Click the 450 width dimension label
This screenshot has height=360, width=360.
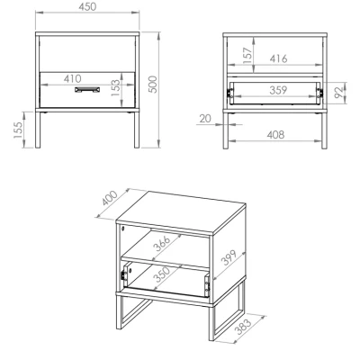click(x=87, y=6)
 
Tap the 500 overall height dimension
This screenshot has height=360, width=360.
click(x=153, y=85)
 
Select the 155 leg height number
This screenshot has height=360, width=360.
click(x=18, y=130)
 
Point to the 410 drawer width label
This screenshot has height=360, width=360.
click(x=72, y=78)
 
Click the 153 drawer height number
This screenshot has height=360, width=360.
click(x=115, y=88)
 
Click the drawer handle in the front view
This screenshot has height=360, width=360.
click(x=87, y=90)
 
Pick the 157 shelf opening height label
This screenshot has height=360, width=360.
click(x=247, y=56)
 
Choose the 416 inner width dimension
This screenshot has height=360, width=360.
click(x=278, y=58)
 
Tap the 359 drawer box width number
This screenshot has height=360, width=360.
click(x=278, y=90)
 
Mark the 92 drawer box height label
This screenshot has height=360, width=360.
click(x=338, y=93)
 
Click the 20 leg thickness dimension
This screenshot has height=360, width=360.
click(x=205, y=119)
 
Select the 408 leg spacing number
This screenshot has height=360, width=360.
click(x=275, y=135)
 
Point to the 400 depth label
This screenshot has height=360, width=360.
click(x=110, y=199)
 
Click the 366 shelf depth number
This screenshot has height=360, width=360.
click(x=161, y=243)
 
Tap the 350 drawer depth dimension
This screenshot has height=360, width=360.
click(x=161, y=274)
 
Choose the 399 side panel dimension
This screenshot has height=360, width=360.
click(x=229, y=257)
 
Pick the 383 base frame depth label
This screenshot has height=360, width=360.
click(x=242, y=326)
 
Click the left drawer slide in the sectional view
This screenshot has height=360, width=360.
click(x=230, y=93)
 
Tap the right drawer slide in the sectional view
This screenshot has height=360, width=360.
click(x=319, y=93)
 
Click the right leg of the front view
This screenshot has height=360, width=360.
click(x=137, y=130)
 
